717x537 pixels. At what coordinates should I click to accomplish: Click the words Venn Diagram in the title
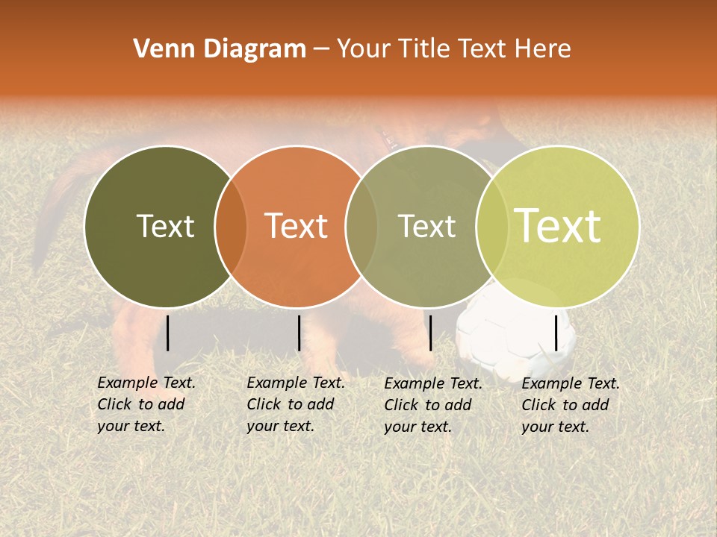pos(220,49)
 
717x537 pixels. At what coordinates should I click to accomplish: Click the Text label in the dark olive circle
pos(165,226)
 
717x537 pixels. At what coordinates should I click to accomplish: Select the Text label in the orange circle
pos(296,226)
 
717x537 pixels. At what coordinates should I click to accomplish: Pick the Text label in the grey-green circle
pos(426,226)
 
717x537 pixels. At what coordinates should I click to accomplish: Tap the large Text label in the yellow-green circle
pos(558,226)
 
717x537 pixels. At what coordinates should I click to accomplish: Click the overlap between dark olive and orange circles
pos(231,227)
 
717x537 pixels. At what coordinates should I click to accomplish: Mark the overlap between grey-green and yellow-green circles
pos(491,227)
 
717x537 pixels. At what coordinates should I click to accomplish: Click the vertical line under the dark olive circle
pos(168,333)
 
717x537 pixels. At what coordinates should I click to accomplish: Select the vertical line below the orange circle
pos(299,333)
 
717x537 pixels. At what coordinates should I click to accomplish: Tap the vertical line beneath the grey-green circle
pos(430,333)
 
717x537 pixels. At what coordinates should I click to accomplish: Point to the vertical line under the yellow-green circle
pos(556,333)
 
